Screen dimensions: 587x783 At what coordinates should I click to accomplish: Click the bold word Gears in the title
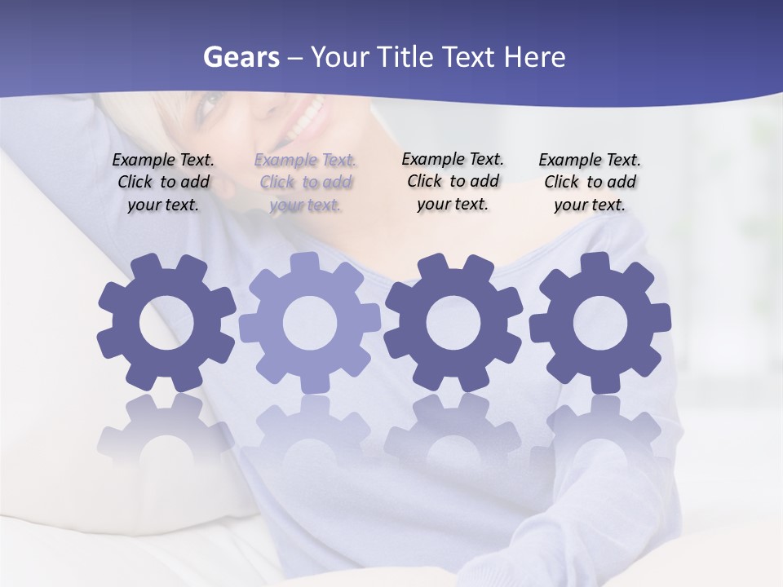click(x=241, y=57)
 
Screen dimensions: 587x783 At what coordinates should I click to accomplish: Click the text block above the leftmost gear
click(x=163, y=182)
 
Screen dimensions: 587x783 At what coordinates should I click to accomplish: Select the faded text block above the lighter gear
click(x=305, y=182)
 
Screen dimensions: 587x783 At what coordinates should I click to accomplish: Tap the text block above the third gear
click(x=453, y=181)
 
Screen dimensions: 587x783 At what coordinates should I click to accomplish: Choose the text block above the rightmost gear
click(x=590, y=182)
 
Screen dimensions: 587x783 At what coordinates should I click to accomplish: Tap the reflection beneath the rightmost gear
click(x=604, y=428)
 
